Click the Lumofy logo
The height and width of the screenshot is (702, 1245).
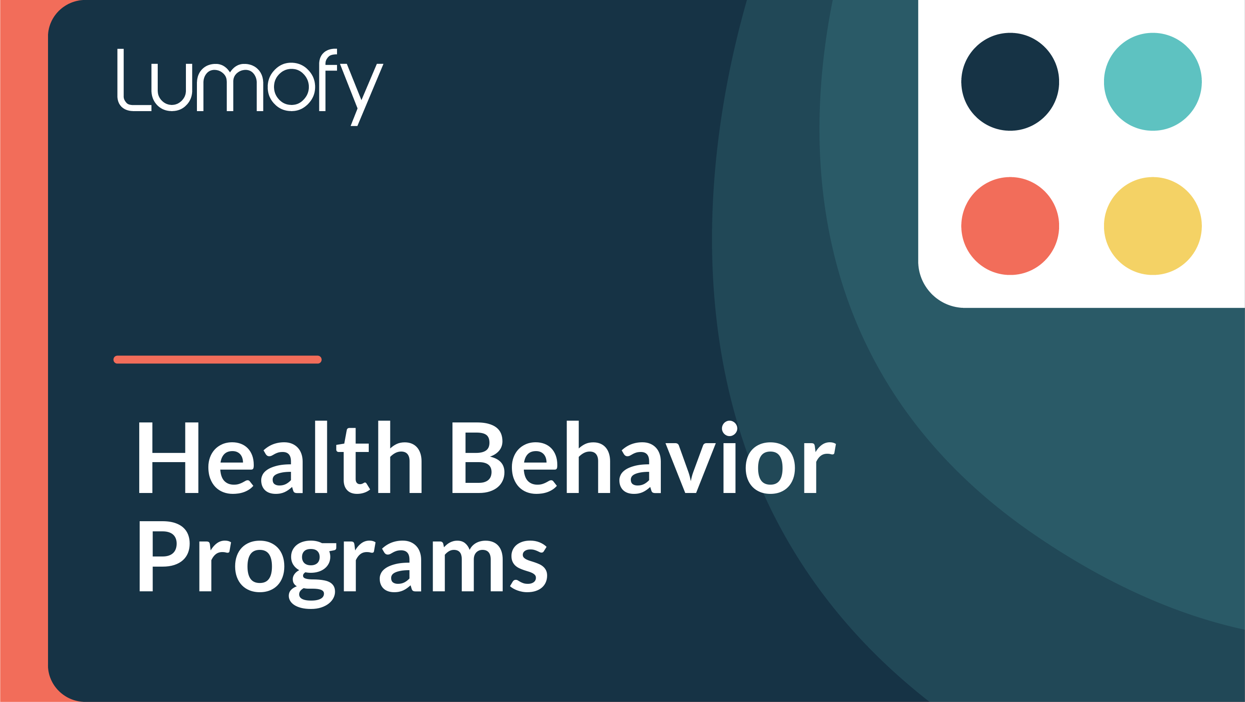point(250,87)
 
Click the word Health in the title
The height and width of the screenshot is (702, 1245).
point(280,457)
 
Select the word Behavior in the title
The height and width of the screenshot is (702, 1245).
point(644,457)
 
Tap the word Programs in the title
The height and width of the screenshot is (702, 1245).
point(343,564)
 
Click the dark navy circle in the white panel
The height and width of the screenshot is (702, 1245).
point(1010,82)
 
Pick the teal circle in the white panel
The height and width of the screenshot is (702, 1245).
point(1152,82)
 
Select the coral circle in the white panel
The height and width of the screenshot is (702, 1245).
point(1010,226)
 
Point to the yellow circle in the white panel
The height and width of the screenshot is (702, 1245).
point(1152,226)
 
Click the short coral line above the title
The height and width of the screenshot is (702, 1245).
point(218,359)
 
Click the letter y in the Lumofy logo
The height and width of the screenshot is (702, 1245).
point(362,95)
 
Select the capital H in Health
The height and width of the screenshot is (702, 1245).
point(169,458)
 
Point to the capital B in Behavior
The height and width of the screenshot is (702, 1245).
point(478,458)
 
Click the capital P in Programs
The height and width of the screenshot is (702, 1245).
point(164,556)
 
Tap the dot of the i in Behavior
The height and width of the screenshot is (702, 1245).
point(729,428)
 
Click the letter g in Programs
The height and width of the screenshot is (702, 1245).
point(313,574)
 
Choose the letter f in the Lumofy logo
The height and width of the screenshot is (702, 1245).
point(328,80)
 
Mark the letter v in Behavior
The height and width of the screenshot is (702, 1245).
point(691,468)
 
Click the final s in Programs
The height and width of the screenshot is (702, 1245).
point(529,566)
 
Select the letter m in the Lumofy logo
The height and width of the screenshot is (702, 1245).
point(230,87)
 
